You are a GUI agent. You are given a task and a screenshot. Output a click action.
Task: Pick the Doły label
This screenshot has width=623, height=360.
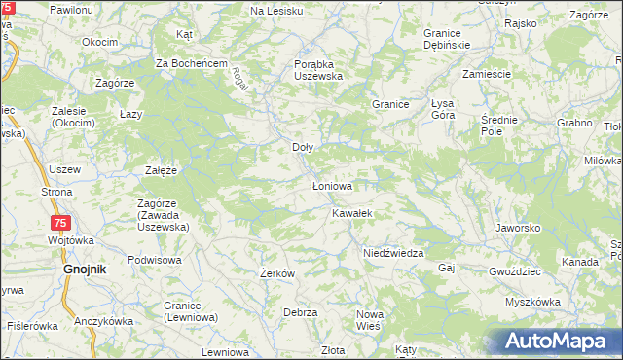(303, 148)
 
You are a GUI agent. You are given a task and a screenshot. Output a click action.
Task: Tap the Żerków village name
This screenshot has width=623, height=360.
(277, 273)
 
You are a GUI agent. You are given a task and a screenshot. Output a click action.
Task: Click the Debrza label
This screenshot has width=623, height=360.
(301, 312)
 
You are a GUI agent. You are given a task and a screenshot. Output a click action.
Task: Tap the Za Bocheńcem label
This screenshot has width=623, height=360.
(192, 63)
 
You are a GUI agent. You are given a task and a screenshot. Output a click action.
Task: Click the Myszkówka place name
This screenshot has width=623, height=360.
(532, 302)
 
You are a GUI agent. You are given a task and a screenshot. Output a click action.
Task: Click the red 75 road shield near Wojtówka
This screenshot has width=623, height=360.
(60, 224)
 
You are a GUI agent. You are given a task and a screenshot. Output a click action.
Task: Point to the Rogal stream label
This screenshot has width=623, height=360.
(240, 78)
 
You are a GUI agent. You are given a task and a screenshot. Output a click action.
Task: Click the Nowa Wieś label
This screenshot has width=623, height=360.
(370, 320)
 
